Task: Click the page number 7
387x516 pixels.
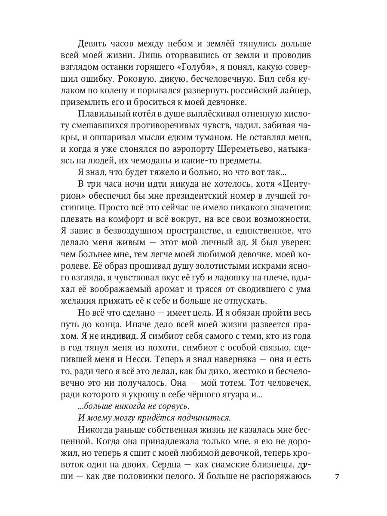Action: click(337, 477)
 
